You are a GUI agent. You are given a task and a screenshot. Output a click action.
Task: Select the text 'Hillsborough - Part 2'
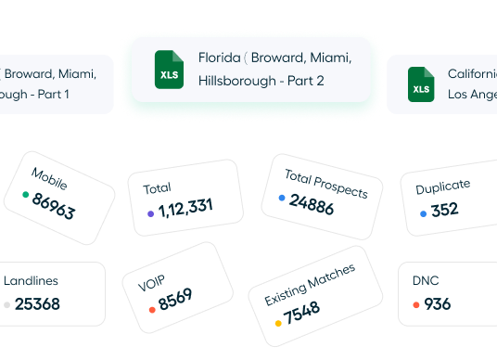pos(261,81)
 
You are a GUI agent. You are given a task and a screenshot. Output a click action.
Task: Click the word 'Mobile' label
pos(49,177)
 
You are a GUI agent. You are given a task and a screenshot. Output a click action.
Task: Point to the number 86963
pos(53,207)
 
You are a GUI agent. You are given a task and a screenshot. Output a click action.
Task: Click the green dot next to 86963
pos(25,195)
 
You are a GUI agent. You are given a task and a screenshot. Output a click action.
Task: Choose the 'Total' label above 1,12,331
pos(157,188)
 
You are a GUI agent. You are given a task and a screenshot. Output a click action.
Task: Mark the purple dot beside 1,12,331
pos(150,213)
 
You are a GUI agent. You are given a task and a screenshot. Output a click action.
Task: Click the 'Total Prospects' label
pos(325,183)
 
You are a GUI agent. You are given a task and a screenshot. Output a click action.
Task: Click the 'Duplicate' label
pos(442,186)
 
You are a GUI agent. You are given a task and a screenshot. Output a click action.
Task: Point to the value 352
pos(445,210)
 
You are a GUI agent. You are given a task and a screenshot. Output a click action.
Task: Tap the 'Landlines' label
pos(31,280)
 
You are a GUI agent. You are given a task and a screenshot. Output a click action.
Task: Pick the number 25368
pos(38,303)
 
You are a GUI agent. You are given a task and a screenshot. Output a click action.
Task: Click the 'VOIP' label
pos(151,283)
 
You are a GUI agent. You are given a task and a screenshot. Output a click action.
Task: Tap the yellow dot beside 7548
pos(278,324)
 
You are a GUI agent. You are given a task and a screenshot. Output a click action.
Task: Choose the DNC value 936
pos(438,303)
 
